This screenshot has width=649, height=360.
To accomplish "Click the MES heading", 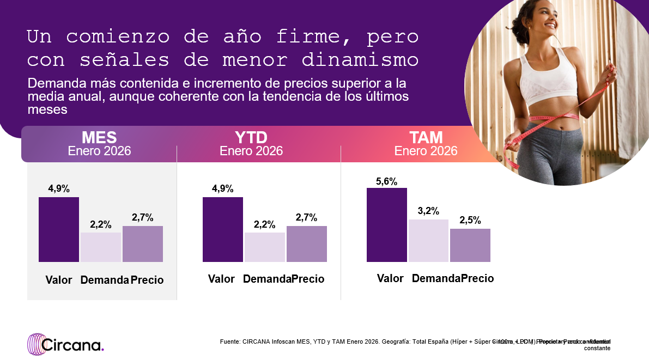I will pos(99,137).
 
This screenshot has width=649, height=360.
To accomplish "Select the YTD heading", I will pos(251,137).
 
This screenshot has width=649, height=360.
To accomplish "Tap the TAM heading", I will pos(426,137).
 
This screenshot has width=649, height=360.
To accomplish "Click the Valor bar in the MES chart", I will pos(59,229).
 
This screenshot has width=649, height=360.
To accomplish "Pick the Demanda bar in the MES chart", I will pos(101,247).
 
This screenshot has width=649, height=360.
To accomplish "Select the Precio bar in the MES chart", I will pos(143,244).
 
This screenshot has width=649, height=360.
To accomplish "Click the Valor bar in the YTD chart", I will pos(223,229).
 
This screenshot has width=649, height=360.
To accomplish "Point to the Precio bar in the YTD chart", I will pos(307,244).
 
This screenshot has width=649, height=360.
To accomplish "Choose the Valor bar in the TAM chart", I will pos(387,225).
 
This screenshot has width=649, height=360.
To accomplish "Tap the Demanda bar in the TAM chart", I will pos(428,241).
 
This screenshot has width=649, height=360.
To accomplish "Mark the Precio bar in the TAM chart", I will pos(470,245).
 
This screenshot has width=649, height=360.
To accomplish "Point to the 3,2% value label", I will pos(428,211).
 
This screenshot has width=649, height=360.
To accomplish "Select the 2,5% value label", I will pos(470,221).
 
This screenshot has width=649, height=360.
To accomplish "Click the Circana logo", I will pos(65,345).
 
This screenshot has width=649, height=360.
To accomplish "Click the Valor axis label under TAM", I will pos(390,278).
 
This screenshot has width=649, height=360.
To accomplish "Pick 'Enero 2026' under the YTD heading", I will pos(251,151).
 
